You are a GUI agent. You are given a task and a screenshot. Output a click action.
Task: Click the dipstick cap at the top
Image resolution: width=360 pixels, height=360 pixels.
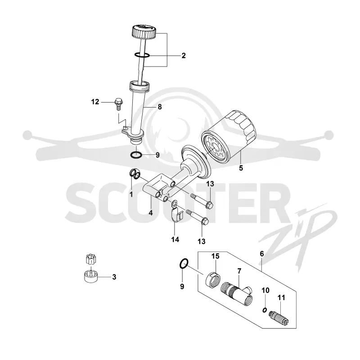pos(144,32)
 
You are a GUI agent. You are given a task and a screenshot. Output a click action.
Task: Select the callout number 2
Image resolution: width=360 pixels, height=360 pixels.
pos(184,55)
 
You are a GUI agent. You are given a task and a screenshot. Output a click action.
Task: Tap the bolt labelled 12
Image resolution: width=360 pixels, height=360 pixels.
pos(118,104)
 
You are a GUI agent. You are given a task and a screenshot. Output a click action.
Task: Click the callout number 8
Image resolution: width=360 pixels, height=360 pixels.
pos(160,107)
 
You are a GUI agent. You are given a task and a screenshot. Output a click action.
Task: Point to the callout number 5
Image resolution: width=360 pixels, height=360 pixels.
pos(241,168)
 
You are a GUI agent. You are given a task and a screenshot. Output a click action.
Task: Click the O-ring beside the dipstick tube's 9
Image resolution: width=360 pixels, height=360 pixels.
pos(136,155)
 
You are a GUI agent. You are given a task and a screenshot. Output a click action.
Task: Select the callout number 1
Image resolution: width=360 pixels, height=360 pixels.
pos(131,195)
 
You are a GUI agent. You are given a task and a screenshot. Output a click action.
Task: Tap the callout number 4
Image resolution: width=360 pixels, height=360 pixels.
pos(151,213)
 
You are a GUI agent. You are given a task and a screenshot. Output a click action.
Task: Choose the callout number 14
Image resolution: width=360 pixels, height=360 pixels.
pos(175,240)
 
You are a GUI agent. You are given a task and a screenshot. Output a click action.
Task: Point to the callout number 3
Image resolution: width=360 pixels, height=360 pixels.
pos(114,277)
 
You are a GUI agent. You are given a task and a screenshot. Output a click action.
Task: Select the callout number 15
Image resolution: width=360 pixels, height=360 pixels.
pos(216,256)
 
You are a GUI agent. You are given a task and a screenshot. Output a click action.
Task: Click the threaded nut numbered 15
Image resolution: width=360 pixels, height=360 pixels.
pos(213,279)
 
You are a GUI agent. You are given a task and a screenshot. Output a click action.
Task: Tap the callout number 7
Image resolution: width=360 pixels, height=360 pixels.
pos(239,271)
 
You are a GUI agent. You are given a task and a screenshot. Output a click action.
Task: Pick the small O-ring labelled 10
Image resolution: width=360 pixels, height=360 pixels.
pos(265,310)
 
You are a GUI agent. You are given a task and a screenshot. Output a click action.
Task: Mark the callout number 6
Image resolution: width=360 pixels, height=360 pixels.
pos(262,254)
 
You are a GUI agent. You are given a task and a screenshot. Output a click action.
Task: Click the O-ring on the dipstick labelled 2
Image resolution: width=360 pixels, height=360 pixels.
pos(142,55)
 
